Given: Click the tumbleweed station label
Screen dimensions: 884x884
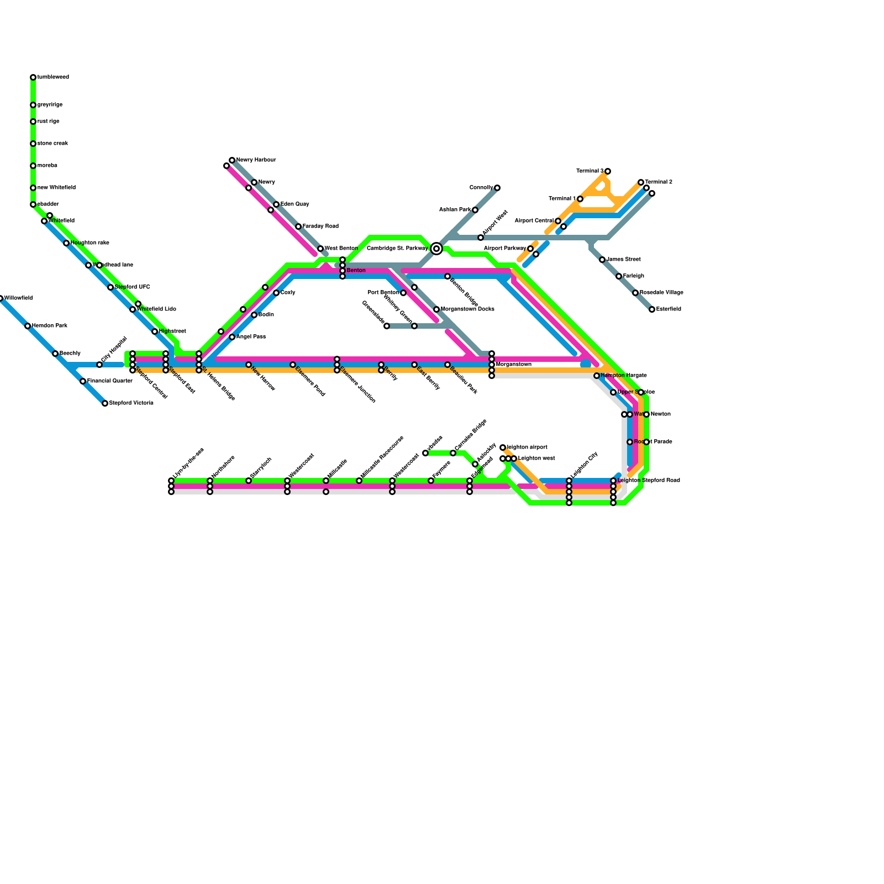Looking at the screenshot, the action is pos(53,77).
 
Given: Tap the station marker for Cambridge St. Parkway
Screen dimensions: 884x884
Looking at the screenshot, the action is pos(436,249).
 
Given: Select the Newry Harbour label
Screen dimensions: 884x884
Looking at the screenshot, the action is pos(256,160).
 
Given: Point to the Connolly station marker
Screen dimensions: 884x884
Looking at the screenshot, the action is pos(497,188).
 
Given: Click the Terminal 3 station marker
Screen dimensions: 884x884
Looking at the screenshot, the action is pos(608,171).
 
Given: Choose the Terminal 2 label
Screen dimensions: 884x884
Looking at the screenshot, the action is pos(659,182).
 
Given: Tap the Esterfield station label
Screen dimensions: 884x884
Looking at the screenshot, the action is pos(669,309).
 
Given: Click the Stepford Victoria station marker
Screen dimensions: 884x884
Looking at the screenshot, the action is pos(105,403).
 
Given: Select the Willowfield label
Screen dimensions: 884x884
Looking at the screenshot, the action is pos(19,298).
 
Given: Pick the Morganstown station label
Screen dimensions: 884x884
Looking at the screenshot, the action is pos(514,365).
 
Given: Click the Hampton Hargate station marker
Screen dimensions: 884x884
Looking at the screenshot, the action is pos(597,376).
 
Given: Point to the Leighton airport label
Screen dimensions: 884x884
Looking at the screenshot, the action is pos(527,448).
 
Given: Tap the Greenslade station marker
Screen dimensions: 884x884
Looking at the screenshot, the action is pos(387,326).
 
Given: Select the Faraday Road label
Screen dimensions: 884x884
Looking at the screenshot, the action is pos(320,227).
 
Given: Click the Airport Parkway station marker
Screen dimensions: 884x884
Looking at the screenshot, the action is pos(530,249).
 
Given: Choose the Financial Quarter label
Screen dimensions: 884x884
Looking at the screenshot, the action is pos(110,381).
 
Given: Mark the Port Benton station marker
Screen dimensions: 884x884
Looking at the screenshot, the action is pos(403,293).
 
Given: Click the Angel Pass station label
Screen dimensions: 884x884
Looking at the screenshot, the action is pos(251,337).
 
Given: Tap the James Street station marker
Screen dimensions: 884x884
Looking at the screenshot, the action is pos(602,260).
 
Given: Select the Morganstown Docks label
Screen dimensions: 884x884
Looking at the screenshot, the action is pos(467,309).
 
